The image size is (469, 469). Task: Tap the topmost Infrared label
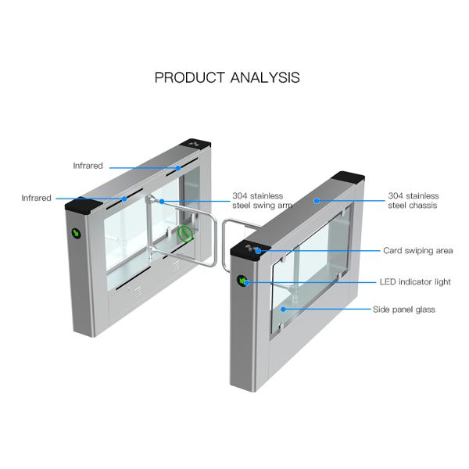coord(88,166)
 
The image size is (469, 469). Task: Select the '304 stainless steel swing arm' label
coord(257,201)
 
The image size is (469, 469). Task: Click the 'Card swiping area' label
coord(417,251)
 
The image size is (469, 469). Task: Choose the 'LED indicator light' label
coord(416,281)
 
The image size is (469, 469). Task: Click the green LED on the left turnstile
coord(77,233)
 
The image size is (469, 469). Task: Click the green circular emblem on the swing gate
coord(185,232)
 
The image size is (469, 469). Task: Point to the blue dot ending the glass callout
coord(284,310)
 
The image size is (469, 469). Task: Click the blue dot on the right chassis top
coord(317,200)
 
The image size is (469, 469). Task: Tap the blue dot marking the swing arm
coord(160,201)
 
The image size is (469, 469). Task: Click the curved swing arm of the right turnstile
coord(228,227)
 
